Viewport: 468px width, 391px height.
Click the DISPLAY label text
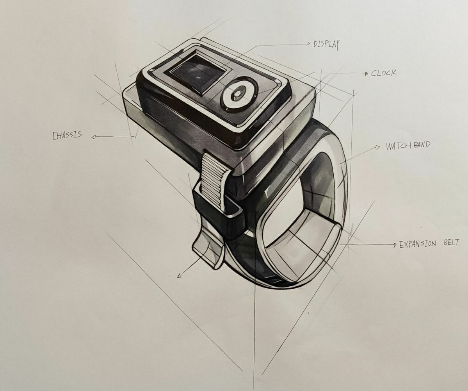point(326,45)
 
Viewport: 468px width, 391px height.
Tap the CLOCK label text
point(384,73)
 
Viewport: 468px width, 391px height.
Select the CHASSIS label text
point(67,135)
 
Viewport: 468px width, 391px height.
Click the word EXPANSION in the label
point(417,244)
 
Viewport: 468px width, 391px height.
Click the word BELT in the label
point(452,243)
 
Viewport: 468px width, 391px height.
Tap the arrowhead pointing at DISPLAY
point(309,44)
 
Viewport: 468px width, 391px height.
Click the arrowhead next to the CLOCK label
point(366,73)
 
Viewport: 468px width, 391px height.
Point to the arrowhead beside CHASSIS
point(94,137)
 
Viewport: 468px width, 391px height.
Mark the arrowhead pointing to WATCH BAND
point(377,147)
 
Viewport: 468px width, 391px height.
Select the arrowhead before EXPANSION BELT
point(394,245)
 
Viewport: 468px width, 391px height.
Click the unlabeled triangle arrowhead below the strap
point(180,275)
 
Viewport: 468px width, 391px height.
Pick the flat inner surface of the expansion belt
point(301,238)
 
